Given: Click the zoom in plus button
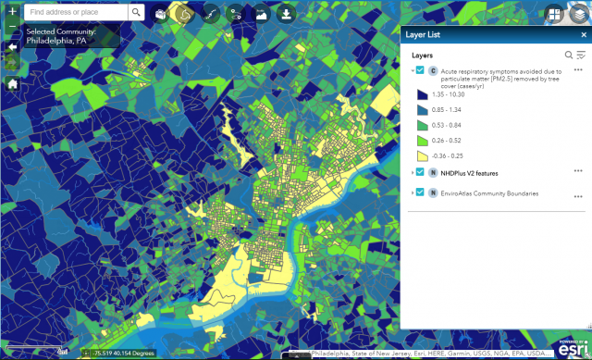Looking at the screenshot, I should tap(12, 13).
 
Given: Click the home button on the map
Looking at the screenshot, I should tap(12, 83).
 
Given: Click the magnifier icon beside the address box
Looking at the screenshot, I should tap(136, 13).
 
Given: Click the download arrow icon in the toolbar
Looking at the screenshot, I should tap(286, 14).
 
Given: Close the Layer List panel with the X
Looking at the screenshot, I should tap(582, 34).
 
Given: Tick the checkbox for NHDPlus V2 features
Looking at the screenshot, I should tap(421, 172).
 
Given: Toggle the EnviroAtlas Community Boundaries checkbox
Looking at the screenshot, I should tap(421, 192).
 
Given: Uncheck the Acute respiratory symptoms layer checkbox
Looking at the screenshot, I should tap(421, 70).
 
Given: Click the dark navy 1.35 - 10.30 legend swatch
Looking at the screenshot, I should tap(422, 94).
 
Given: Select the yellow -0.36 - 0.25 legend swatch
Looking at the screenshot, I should tap(422, 155).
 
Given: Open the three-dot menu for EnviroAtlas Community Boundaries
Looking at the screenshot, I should tap(578, 195).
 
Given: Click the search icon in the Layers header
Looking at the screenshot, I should tap(569, 56).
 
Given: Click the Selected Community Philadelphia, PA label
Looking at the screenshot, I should tap(55, 37).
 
